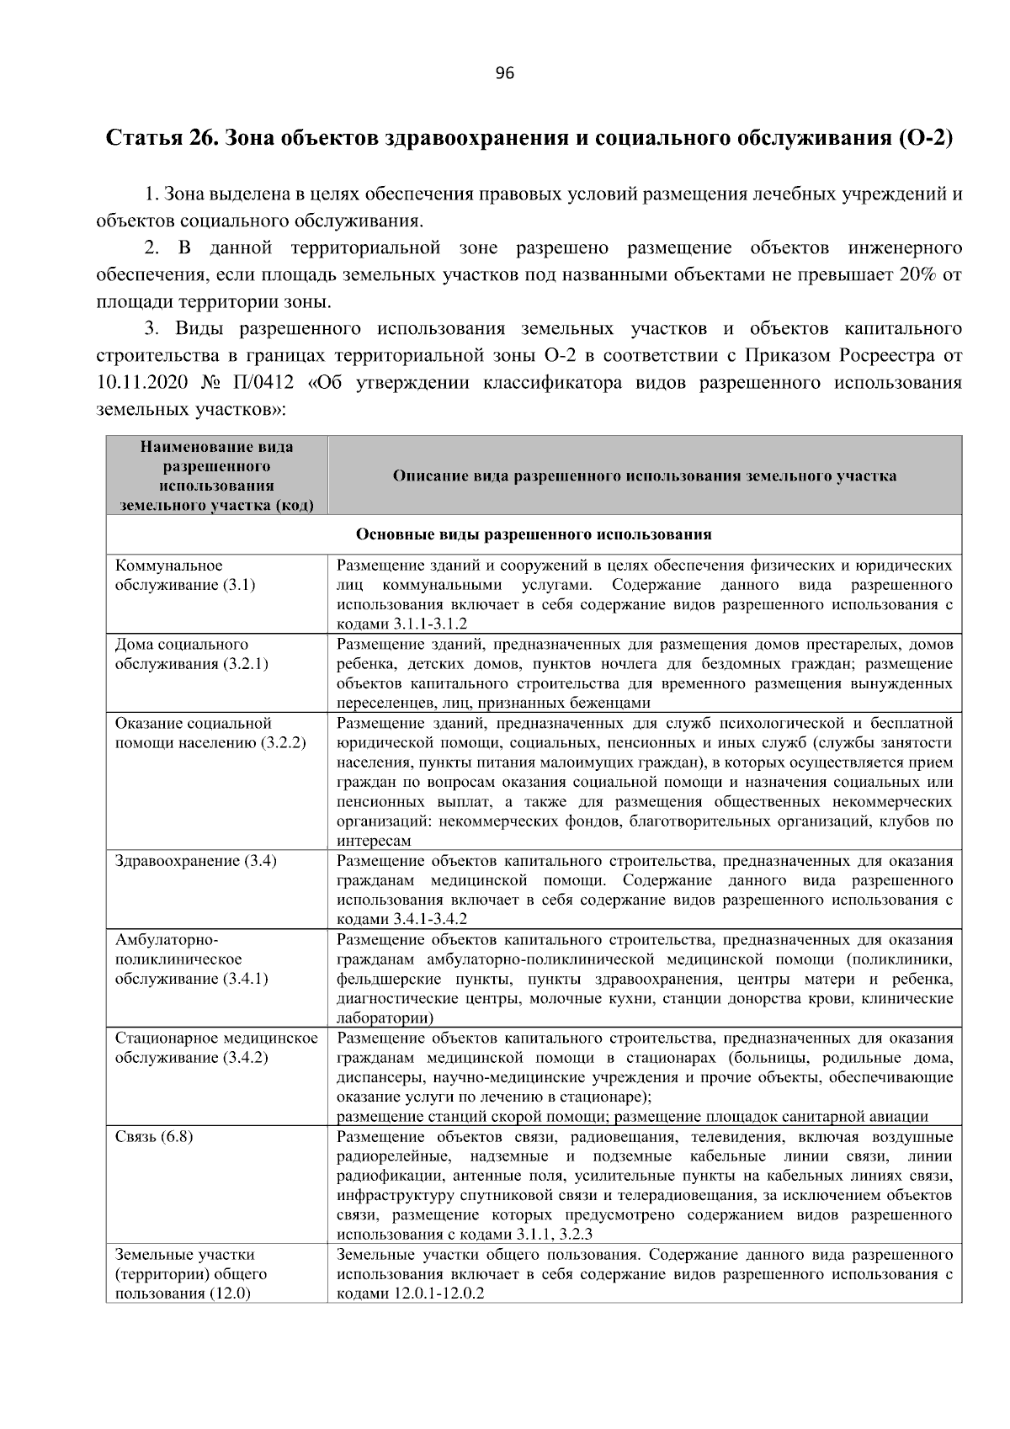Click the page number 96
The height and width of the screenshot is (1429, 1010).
coord(504,73)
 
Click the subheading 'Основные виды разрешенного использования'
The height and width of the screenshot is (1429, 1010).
coord(534,534)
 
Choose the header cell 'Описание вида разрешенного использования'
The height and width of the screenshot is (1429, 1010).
coord(645,475)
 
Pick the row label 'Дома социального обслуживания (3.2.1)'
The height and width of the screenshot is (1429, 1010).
coord(192,654)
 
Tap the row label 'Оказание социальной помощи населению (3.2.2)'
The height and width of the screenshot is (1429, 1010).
coord(210,732)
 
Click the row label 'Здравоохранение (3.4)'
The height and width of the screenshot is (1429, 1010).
coord(196,861)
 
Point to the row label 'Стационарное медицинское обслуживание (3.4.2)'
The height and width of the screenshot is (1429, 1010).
coord(216,1048)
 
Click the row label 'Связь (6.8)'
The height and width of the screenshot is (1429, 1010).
coord(154,1137)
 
